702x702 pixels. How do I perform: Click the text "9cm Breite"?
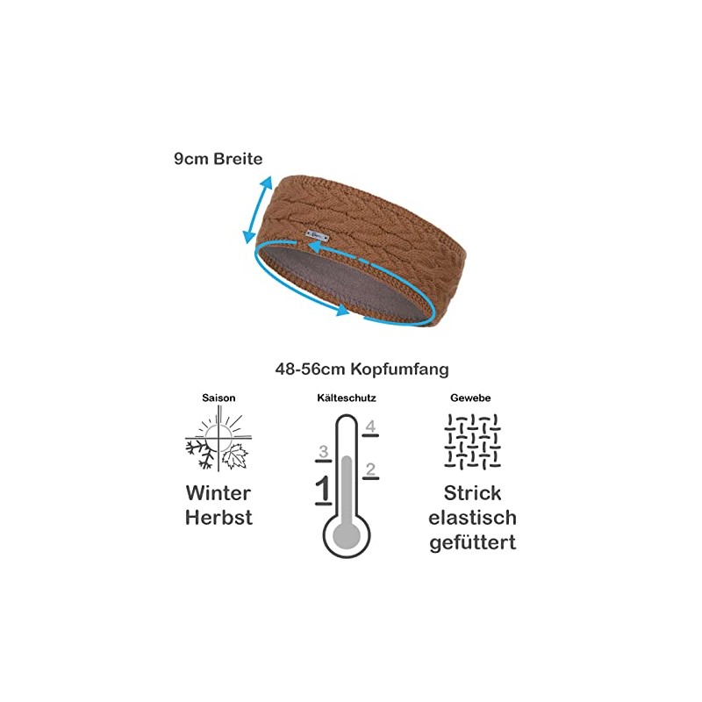pyautogui.click(x=218, y=160)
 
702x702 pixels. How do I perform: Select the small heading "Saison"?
pyautogui.click(x=218, y=398)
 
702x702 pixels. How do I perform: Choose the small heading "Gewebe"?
pyautogui.click(x=471, y=398)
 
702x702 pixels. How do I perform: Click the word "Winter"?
pyautogui.click(x=218, y=492)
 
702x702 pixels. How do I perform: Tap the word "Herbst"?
pyautogui.click(x=218, y=518)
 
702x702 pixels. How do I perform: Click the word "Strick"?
pyautogui.click(x=472, y=492)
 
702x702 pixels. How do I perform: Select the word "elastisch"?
pyautogui.click(x=472, y=518)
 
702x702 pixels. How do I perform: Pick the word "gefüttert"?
pyautogui.click(x=472, y=543)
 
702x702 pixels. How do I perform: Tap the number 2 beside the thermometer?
pyautogui.click(x=370, y=468)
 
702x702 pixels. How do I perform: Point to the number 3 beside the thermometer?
pyautogui.click(x=323, y=452)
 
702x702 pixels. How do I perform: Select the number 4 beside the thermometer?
pyautogui.click(x=370, y=427)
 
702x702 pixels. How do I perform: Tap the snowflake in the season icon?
pyautogui.click(x=201, y=452)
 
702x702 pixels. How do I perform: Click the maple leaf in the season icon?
pyautogui.click(x=235, y=455)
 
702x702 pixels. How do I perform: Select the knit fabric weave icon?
pyautogui.click(x=471, y=440)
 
